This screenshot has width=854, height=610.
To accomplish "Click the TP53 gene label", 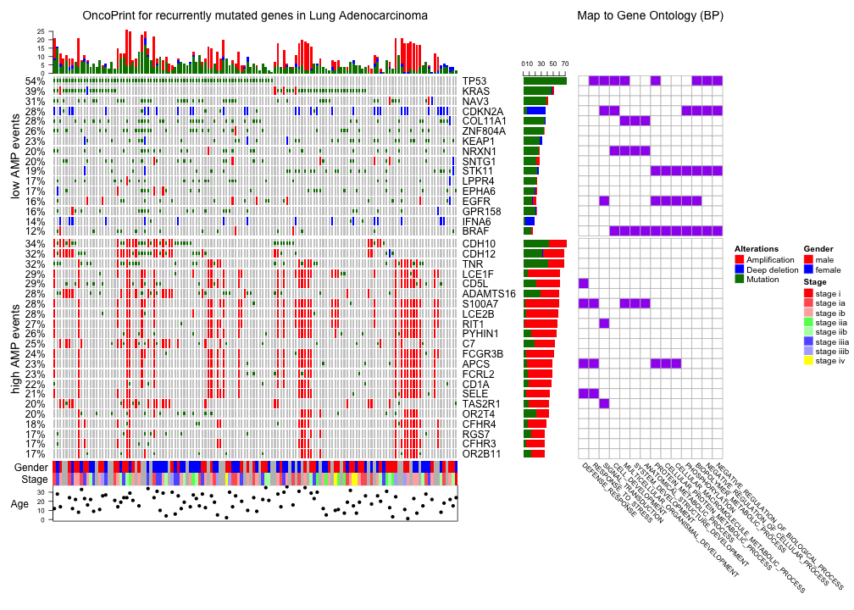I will pyautogui.click(x=475, y=81).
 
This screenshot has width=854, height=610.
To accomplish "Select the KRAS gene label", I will pyautogui.click(x=476, y=91).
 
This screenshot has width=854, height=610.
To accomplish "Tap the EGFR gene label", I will pyautogui.click(x=476, y=202).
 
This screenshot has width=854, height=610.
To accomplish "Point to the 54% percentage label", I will pyautogui.click(x=35, y=81).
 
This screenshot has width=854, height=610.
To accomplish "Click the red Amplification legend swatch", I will pyautogui.click(x=739, y=258).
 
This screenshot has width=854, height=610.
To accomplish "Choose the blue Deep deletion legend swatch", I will pyautogui.click(x=739, y=269).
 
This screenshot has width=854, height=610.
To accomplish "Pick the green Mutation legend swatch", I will pyautogui.click(x=739, y=279).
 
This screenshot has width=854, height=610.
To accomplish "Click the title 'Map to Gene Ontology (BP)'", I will pyautogui.click(x=650, y=16).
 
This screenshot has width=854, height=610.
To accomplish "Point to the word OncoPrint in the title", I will pyautogui.click(x=113, y=16).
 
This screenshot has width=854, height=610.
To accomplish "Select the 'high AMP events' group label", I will pyautogui.click(x=16, y=348).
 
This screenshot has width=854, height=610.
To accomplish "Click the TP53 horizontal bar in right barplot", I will pyautogui.click(x=545, y=81).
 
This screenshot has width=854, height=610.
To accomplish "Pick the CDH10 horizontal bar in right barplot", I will pyautogui.click(x=545, y=244).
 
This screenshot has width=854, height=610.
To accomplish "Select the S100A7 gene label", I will pyautogui.click(x=480, y=304).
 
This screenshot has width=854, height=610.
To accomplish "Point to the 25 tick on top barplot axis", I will pyautogui.click(x=41, y=31).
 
